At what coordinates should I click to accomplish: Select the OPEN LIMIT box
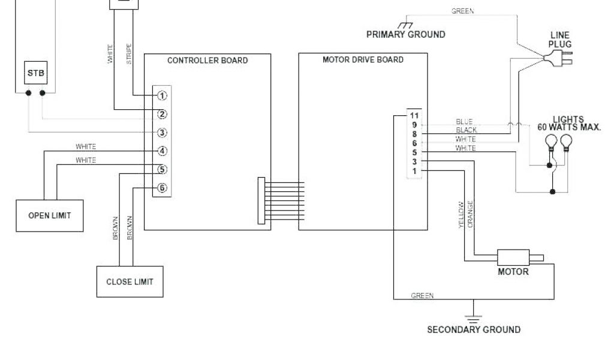[x=49, y=215]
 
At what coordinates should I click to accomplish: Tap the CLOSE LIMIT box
[x=130, y=281]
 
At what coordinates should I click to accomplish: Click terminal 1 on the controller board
[x=162, y=95]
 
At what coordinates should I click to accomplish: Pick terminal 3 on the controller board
[x=162, y=133]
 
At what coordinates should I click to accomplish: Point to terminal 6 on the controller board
[x=162, y=188]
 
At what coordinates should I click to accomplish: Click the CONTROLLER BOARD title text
[x=207, y=61]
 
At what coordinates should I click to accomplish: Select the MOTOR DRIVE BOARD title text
[x=363, y=60]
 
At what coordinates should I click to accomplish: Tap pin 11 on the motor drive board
[x=413, y=115]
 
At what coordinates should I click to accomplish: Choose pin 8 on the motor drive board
[x=414, y=134]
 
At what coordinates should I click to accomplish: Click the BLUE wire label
[x=464, y=121]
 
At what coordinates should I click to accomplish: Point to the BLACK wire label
[x=466, y=130]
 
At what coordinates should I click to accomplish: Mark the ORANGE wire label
[x=471, y=214]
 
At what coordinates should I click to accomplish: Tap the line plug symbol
[x=556, y=58]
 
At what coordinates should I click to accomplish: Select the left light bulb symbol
[x=550, y=142]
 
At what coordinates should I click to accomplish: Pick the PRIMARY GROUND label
[x=405, y=34]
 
